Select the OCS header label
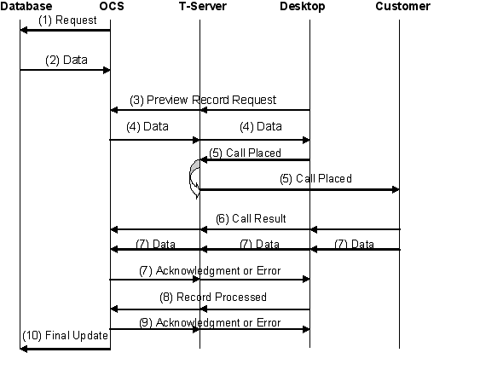click(110, 7)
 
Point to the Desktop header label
click(303, 7)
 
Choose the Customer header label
click(402, 7)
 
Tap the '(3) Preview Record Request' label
click(203, 100)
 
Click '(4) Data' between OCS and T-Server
click(147, 126)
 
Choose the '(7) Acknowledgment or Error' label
click(209, 270)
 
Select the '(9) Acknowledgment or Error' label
click(209, 323)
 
